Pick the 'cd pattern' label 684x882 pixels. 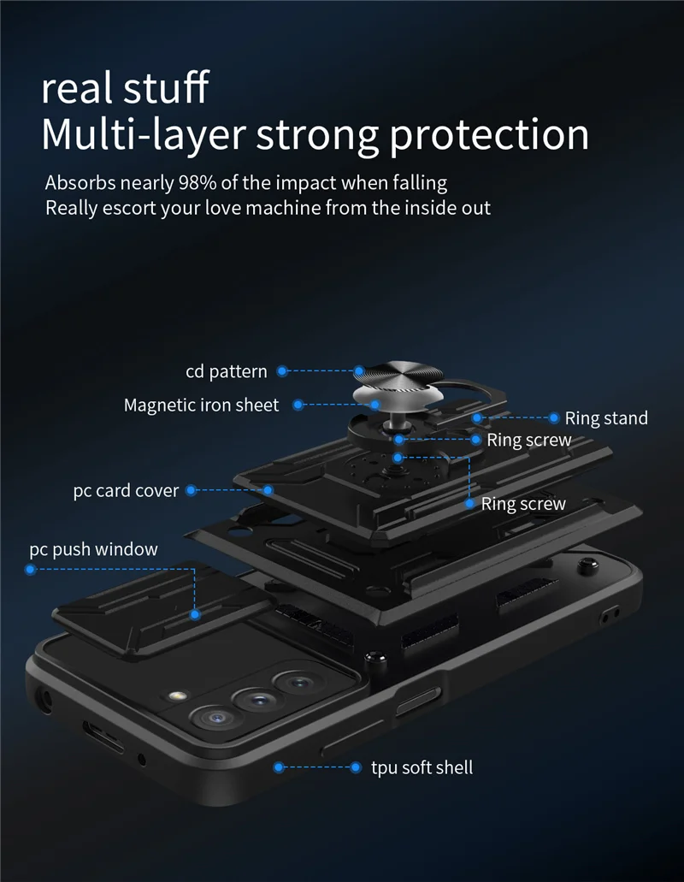pyautogui.click(x=226, y=371)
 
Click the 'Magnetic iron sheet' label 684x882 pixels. pyautogui.click(x=201, y=405)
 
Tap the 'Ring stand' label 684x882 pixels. pyautogui.click(x=606, y=418)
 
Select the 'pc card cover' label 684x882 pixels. pyautogui.click(x=126, y=491)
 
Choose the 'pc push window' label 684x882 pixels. pyautogui.click(x=93, y=549)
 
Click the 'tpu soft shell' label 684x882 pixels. pyautogui.click(x=422, y=767)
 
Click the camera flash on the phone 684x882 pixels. pyautogui.click(x=179, y=696)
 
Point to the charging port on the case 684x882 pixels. pyautogui.click(x=103, y=734)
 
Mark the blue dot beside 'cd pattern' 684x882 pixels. pyautogui.click(x=282, y=371)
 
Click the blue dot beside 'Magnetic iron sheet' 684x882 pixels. pyautogui.click(x=298, y=405)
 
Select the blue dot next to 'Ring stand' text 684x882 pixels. pyautogui.click(x=552, y=418)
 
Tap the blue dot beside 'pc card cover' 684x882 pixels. pyautogui.click(x=192, y=491)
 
